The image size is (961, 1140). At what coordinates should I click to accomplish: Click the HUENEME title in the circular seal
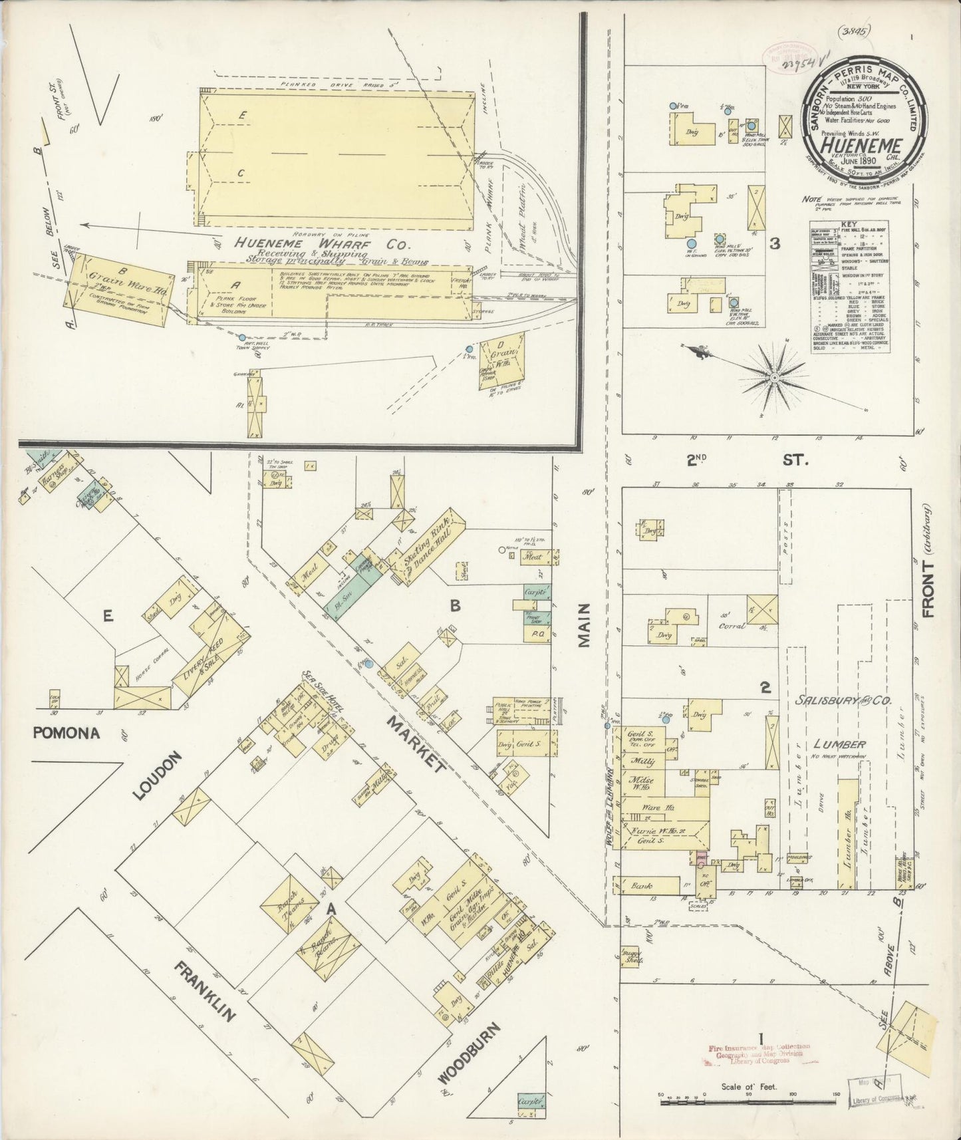[x=860, y=146]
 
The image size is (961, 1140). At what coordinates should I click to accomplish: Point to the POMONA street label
[x=66, y=733]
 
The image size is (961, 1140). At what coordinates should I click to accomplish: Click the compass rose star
[x=774, y=377]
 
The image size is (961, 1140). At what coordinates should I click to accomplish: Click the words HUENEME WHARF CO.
[x=309, y=244]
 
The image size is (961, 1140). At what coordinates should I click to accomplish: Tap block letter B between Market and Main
[x=456, y=605]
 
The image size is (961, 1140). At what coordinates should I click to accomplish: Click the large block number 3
[x=774, y=243]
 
